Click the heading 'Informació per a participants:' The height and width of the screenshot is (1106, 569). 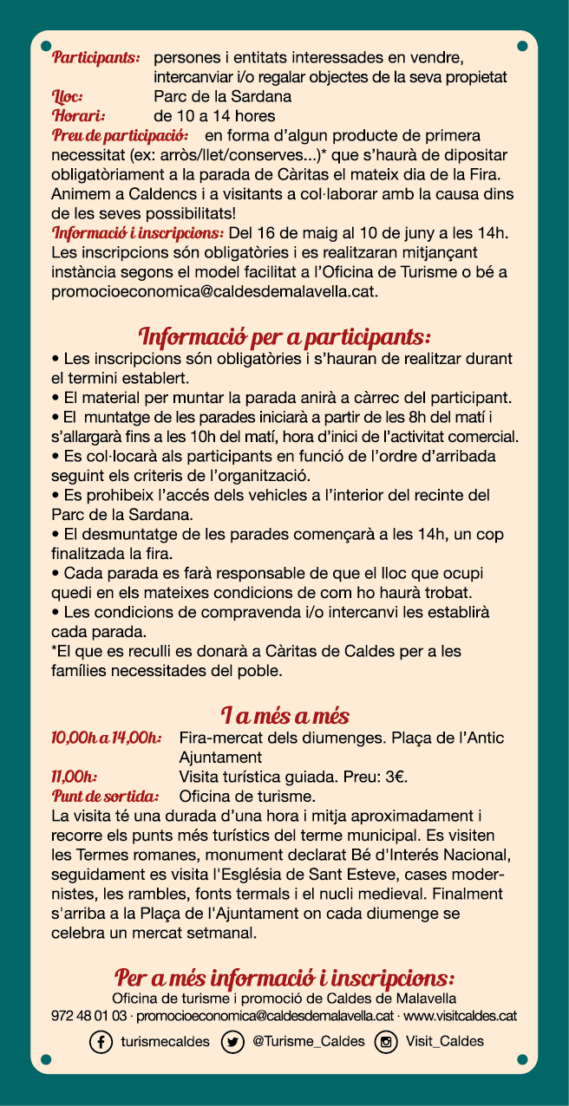click(x=284, y=336)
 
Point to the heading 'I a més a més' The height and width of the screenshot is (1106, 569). click(x=284, y=717)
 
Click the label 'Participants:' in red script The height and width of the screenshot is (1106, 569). click(x=95, y=58)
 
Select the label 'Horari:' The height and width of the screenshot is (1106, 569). click(x=78, y=116)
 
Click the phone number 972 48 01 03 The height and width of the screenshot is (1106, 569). click(x=89, y=1015)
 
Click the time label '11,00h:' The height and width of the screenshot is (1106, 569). click(x=74, y=777)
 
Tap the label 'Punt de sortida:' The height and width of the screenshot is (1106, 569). click(x=105, y=796)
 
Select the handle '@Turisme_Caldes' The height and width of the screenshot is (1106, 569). click(x=308, y=1042)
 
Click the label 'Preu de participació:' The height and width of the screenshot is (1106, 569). click(x=120, y=136)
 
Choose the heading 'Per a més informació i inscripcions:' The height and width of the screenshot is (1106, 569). click(x=284, y=979)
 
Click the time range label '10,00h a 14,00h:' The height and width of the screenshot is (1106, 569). click(x=106, y=738)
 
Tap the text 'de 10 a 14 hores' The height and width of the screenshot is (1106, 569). click(x=214, y=116)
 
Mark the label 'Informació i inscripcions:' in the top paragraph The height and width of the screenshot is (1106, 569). click(x=138, y=233)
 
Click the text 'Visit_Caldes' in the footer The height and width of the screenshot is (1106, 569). click(x=444, y=1042)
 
